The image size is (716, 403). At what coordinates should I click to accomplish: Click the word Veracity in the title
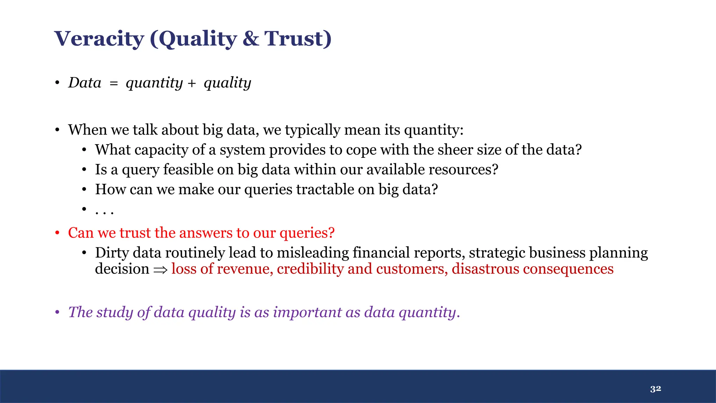pos(99,38)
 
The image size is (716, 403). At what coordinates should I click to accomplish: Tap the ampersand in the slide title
pos(251,38)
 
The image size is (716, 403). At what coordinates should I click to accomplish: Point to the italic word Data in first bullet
pos(85,83)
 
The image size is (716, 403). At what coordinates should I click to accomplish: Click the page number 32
pos(656,389)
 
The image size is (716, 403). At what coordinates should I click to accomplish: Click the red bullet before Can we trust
pos(57,233)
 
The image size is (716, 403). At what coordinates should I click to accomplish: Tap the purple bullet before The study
pos(57,312)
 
